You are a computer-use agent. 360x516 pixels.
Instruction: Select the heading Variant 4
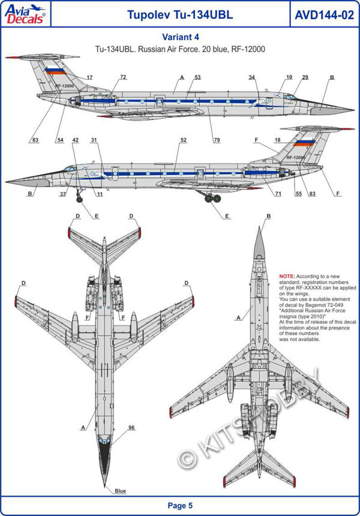click(180, 36)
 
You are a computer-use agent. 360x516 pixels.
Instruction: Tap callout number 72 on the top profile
click(123, 77)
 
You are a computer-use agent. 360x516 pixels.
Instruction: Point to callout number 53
click(197, 77)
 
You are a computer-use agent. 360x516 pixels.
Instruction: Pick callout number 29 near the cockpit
click(305, 77)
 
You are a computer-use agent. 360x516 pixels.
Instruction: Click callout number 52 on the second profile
click(183, 140)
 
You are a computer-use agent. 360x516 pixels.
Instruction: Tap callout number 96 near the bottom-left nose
click(131, 427)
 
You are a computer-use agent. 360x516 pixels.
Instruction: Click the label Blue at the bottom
click(121, 491)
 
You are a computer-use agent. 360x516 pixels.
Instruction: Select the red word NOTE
click(287, 275)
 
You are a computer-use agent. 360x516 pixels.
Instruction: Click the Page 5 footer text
click(180, 506)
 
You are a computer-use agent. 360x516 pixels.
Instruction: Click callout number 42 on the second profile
click(76, 140)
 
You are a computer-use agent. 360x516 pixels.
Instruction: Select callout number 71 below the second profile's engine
click(278, 193)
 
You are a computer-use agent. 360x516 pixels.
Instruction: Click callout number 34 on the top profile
click(252, 77)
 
